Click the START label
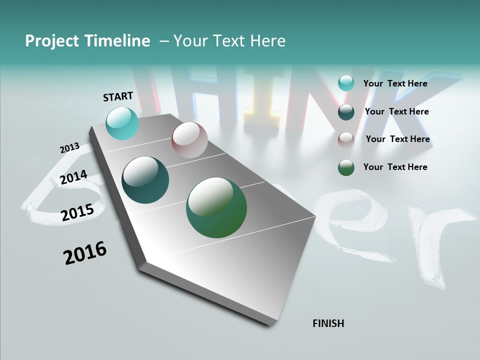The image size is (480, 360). click(118, 96)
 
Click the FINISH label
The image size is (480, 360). click(328, 323)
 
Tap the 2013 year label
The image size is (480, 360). click(69, 148)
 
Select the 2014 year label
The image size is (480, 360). click(73, 177)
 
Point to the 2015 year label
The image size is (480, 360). click(77, 212)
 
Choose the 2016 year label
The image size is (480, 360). click(85, 253)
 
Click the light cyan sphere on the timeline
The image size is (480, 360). click(122, 123)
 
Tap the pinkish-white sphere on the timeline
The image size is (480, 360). click(189, 139)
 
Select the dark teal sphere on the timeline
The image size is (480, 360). click(145, 180)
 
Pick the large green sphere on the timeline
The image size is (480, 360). click(216, 207)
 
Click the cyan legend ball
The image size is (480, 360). click(346, 83)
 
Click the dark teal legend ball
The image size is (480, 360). click(346, 112)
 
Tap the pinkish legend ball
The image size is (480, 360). click(346, 139)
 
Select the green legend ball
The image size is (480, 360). click(346, 167)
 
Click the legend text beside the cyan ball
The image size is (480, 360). click(395, 83)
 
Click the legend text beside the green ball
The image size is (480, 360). click(395, 167)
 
